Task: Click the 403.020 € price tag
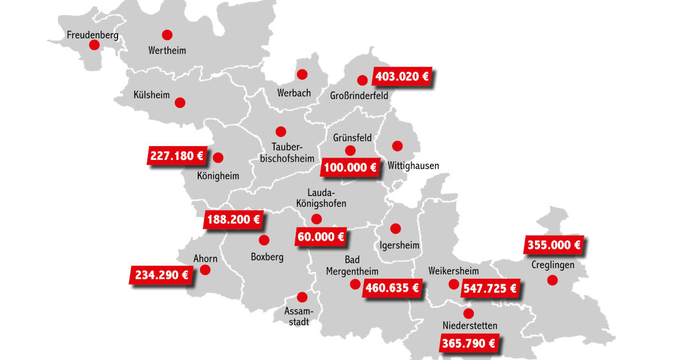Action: point(401,76)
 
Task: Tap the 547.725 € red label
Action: point(490,288)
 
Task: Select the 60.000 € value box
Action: point(321,236)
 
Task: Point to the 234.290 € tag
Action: point(162,275)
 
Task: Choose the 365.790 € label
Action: point(467,344)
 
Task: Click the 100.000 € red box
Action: point(350,167)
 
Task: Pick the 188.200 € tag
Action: point(233,219)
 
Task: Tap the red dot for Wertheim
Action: point(167,34)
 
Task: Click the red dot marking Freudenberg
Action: point(94,45)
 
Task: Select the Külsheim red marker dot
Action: point(180,103)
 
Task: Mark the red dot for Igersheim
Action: point(395,228)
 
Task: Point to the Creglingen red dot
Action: point(552,280)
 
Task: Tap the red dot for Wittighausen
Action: point(397,146)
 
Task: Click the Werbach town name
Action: point(294,92)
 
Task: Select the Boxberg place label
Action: point(267,257)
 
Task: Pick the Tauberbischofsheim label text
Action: point(280,152)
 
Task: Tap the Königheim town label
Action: point(218,176)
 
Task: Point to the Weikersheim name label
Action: point(454,271)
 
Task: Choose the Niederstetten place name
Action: point(470,326)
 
